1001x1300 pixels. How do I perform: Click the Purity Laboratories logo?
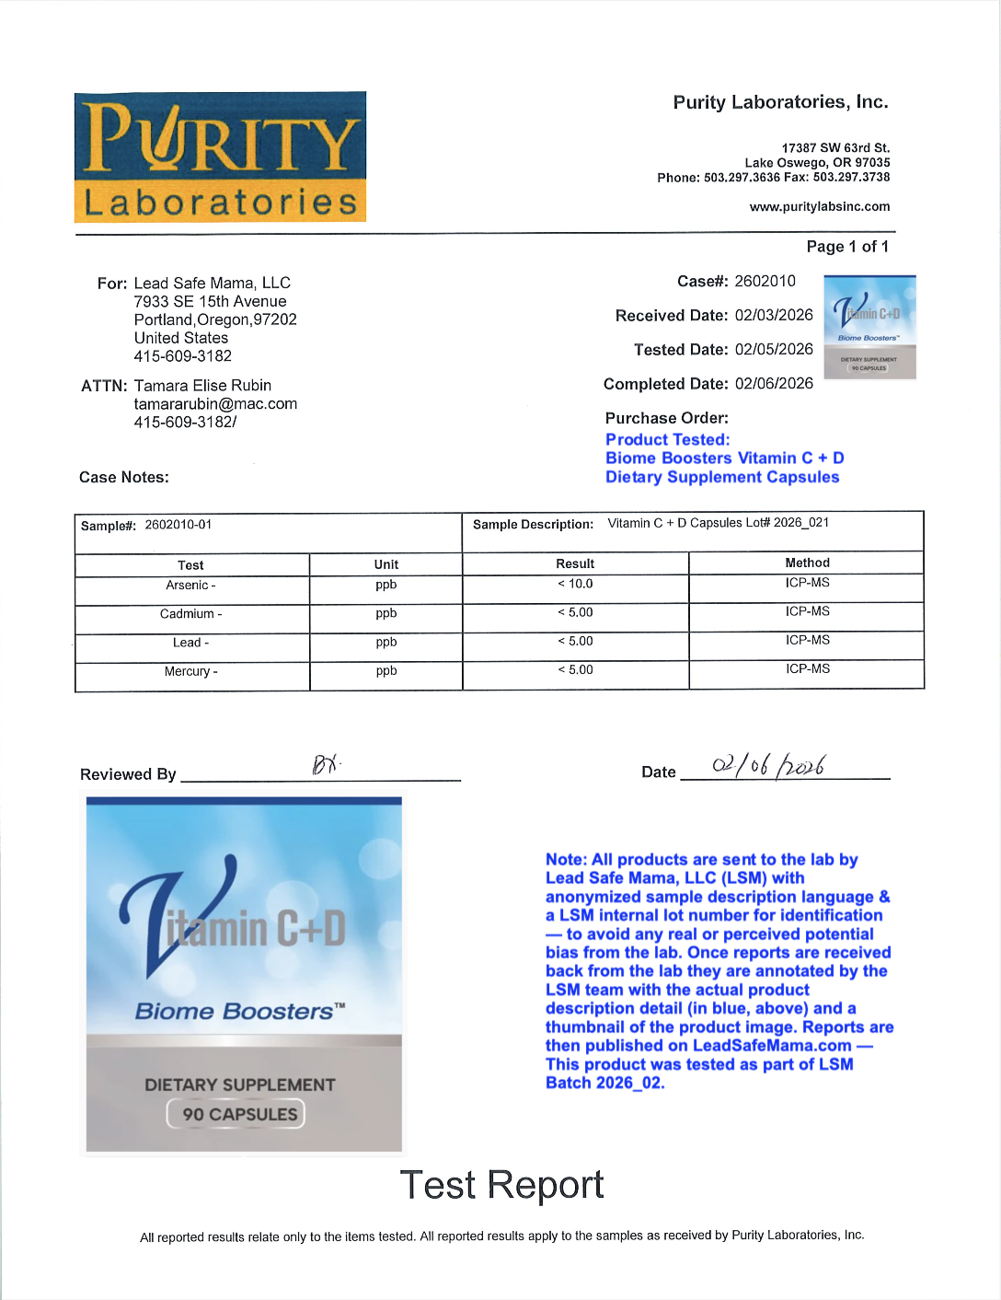(x=220, y=157)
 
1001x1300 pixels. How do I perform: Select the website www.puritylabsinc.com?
(x=819, y=207)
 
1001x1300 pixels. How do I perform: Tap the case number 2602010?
(x=765, y=281)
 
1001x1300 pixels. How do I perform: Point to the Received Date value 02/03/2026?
(x=774, y=315)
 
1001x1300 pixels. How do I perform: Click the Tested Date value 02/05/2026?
(x=774, y=349)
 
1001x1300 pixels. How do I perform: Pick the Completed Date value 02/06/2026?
(x=774, y=383)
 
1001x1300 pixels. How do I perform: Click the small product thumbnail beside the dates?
(x=869, y=327)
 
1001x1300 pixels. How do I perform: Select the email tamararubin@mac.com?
(x=215, y=403)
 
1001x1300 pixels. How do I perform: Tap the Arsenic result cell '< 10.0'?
(x=575, y=584)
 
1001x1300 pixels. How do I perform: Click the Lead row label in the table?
(x=191, y=643)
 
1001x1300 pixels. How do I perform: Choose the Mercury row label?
(x=191, y=671)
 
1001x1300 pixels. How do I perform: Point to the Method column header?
(x=807, y=563)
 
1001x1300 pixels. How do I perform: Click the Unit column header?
(x=386, y=564)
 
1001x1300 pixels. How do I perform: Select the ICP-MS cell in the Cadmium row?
(x=807, y=611)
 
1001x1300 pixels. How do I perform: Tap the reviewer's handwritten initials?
(x=326, y=764)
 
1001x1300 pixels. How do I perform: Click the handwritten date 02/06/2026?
(x=768, y=765)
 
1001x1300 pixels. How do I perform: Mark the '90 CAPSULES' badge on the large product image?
(x=236, y=1114)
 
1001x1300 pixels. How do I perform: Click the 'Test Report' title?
(x=501, y=1185)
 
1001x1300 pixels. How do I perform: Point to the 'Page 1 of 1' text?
(x=847, y=247)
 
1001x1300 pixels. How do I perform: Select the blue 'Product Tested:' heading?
(x=667, y=440)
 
